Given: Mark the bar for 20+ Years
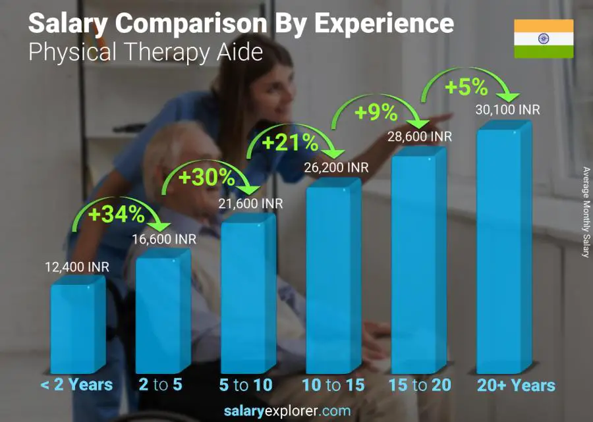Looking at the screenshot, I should click(502, 253).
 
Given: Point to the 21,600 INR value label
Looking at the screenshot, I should click(250, 204).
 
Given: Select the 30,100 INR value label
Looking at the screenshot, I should click(507, 109).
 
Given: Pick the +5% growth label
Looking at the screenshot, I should click(466, 87).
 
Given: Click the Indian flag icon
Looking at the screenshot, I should click(544, 39).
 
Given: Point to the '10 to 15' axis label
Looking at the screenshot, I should click(333, 385).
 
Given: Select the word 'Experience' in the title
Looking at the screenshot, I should click(383, 24).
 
